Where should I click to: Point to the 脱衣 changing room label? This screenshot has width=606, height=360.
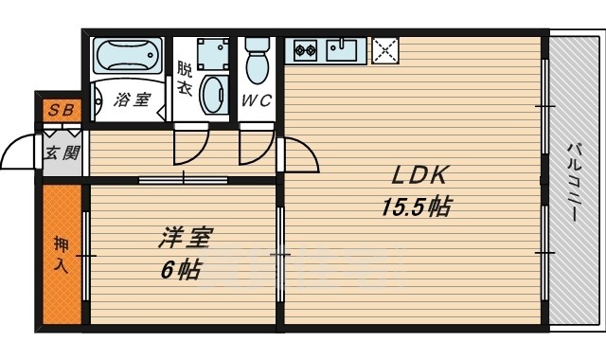click(x=184, y=77)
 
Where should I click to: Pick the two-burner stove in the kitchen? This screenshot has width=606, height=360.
click(x=305, y=49)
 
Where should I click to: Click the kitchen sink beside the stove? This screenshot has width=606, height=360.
click(x=343, y=49)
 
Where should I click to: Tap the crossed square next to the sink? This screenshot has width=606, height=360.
click(x=385, y=49)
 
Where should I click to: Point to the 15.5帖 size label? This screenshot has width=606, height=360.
click(x=414, y=207)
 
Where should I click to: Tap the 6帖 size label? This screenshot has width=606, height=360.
click(x=179, y=269)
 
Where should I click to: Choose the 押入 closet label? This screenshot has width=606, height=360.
click(x=62, y=255)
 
